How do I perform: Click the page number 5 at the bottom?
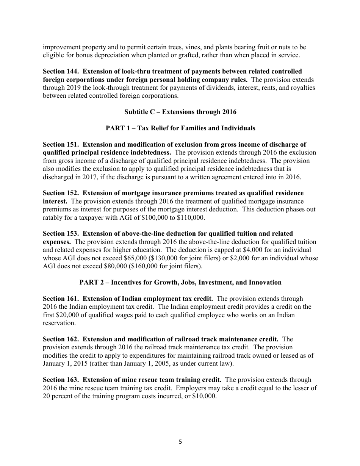[180, 441]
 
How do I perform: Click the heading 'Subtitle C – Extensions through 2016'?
[180, 112]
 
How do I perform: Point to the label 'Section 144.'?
[60, 71]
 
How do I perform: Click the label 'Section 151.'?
[60, 144]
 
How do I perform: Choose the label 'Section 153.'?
[60, 233]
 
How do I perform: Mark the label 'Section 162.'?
[60, 339]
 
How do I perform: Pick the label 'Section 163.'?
[60, 380]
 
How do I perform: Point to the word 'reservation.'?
[59, 323]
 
